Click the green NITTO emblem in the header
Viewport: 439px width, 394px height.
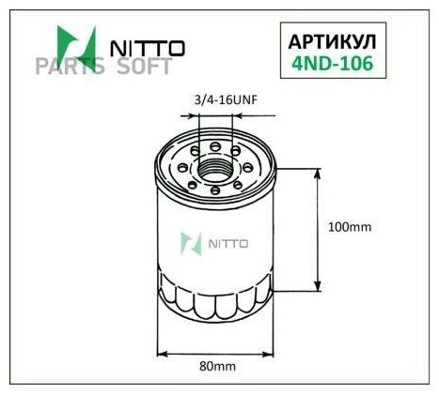click(x=76, y=44)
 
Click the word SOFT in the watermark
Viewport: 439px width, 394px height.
click(x=144, y=67)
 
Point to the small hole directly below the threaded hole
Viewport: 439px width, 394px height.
click(x=215, y=191)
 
